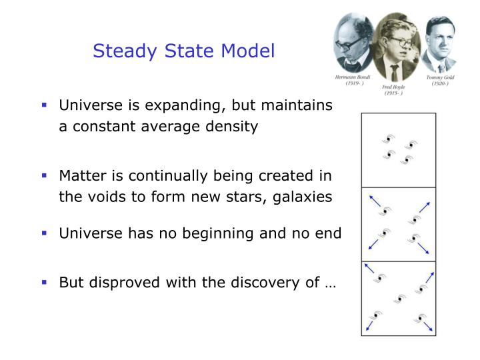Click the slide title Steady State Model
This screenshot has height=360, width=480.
[x=183, y=51]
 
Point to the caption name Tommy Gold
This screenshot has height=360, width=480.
[x=439, y=78]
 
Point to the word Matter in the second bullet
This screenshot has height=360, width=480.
[x=79, y=176]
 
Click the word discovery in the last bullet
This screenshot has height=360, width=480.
[x=263, y=282]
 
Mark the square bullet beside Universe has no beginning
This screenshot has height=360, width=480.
[x=45, y=233]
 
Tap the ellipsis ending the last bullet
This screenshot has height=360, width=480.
[x=330, y=283]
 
